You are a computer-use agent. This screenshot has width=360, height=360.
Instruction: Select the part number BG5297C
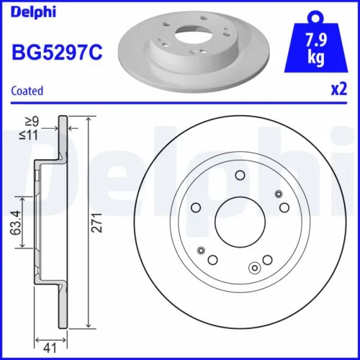click(55, 53)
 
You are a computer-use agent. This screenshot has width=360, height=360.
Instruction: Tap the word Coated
click(27, 91)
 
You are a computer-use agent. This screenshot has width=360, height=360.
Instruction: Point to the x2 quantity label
click(338, 91)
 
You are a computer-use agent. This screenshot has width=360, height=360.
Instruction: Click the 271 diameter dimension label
click(99, 225)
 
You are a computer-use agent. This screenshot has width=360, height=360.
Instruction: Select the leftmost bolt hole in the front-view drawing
click(195, 209)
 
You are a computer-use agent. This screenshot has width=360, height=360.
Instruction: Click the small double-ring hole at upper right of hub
click(279, 194)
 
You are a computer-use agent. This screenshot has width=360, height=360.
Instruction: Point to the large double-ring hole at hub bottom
click(253, 269)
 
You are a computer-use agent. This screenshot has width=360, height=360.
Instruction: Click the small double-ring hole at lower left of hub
click(201, 250)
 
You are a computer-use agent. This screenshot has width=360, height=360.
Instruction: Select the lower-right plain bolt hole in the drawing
click(267, 259)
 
